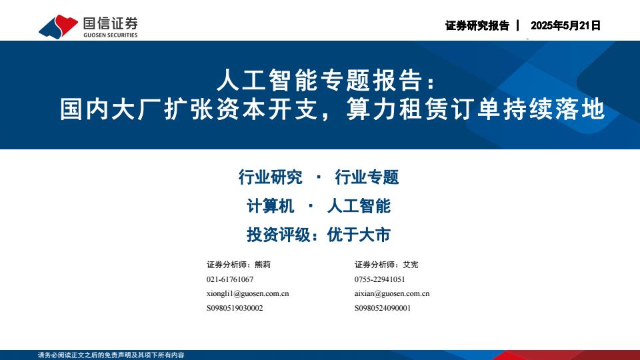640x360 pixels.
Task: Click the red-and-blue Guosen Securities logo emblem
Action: (x=59, y=27)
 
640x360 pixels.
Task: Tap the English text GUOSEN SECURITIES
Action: (x=111, y=35)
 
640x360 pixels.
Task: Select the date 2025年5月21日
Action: (x=565, y=26)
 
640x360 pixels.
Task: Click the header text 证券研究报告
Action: (x=477, y=26)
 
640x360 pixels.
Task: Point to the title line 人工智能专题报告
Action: (x=319, y=80)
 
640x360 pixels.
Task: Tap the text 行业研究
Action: (x=270, y=177)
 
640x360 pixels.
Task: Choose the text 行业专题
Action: (x=367, y=177)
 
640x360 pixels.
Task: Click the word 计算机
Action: (x=270, y=206)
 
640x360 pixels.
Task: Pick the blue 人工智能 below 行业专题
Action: (x=359, y=206)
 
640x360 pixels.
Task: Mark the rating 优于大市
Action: (x=359, y=235)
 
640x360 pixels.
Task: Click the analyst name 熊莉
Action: (x=263, y=265)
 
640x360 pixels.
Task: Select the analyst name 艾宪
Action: (x=411, y=265)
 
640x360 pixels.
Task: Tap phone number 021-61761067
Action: (x=230, y=279)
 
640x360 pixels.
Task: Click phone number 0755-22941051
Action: (x=379, y=279)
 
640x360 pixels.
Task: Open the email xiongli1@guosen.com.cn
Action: (x=248, y=294)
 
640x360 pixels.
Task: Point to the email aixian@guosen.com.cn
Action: (x=392, y=294)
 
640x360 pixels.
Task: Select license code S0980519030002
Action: (x=235, y=308)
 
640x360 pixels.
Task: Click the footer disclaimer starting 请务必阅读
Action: (x=111, y=355)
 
